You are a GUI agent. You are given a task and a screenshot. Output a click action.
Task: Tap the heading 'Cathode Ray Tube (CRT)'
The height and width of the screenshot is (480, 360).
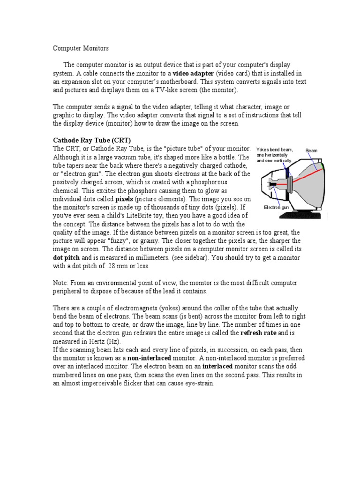92,140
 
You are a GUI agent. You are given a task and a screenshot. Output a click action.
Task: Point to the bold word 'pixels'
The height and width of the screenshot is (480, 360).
124,199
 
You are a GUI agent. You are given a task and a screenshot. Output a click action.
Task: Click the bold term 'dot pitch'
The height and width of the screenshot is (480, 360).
67,258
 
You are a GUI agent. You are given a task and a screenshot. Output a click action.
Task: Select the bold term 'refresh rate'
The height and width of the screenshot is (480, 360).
259,333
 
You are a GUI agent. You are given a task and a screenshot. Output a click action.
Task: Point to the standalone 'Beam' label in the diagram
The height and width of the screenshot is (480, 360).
312,150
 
